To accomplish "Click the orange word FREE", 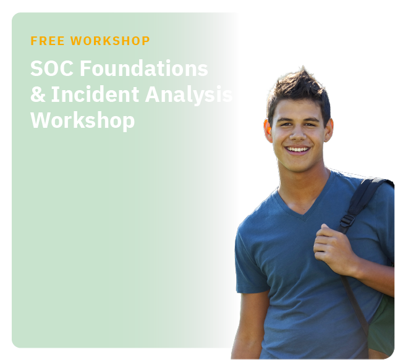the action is pos(48,41).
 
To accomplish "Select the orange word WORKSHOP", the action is pos(110,41).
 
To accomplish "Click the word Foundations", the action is pos(144,68).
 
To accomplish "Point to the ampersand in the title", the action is pos(38,94).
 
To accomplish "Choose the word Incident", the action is pos(95,94).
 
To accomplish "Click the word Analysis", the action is pos(189,95).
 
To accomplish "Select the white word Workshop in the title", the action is pos(82,121).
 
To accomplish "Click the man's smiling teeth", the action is pos(297,149).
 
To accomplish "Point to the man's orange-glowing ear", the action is pos(268,130).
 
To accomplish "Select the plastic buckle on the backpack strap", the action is pos(347,220).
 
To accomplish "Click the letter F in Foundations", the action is pos(85,68).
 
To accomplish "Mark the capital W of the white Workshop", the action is pos(41,120).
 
